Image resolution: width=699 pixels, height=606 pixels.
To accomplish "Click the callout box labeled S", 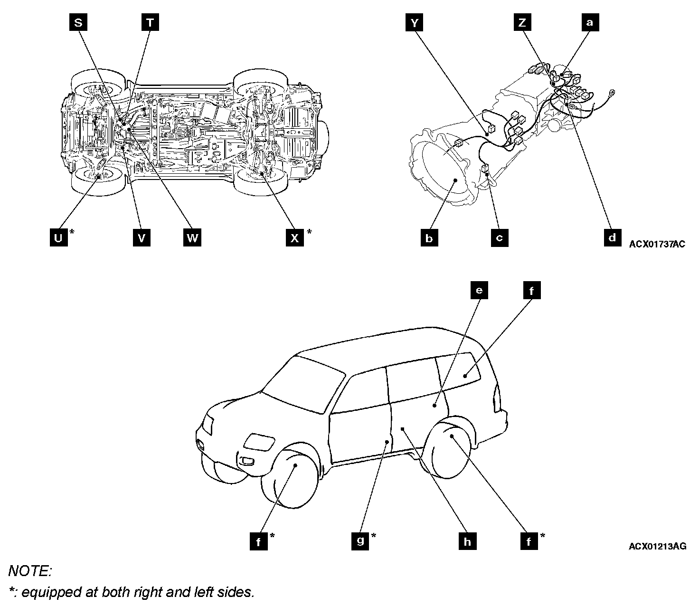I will click(78, 23).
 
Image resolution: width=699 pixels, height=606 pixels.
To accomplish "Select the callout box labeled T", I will click(150, 23).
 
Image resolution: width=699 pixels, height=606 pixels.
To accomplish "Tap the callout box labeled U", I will click(58, 237).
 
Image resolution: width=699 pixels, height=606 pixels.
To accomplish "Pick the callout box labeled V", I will click(142, 237).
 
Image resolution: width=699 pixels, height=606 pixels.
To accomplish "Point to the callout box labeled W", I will click(192, 237).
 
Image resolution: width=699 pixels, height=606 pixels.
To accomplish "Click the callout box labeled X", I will click(295, 237).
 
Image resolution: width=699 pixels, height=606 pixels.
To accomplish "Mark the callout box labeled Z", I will click(523, 23).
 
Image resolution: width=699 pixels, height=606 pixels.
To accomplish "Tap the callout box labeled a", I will click(590, 23).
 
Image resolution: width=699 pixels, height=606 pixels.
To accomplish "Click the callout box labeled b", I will click(429, 237).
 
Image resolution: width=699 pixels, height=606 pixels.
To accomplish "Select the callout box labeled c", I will click(499, 237).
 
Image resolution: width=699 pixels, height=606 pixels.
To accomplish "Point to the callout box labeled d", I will click(612, 237).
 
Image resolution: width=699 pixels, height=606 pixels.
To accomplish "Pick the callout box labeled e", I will click(479, 290).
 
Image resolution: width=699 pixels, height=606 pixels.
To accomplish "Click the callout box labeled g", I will click(361, 540).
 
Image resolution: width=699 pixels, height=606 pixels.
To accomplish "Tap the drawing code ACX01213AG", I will click(657, 546).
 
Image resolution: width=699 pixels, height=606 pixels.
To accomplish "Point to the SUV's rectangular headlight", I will click(258, 442).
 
